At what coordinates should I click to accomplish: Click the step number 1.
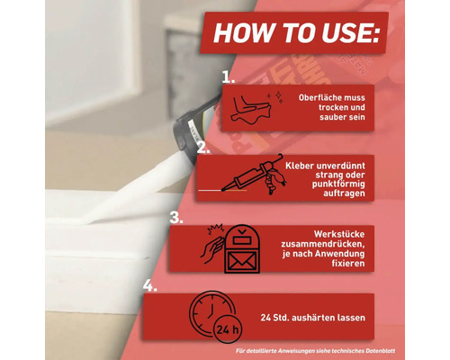coord(229,77)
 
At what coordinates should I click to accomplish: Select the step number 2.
coord(203,148)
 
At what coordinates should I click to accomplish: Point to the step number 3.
coord(176,218)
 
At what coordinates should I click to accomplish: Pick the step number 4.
coord(150,285)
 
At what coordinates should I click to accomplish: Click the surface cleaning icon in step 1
coord(256,107)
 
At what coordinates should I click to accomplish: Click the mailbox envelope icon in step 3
coord(242,250)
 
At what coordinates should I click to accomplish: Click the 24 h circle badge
coord(228,329)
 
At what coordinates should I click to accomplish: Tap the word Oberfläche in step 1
coord(317,98)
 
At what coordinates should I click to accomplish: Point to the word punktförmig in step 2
coord(338,184)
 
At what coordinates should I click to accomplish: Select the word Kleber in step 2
coord(297,166)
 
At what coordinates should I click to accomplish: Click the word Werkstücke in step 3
coord(339,234)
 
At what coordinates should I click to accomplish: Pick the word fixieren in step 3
coord(348,264)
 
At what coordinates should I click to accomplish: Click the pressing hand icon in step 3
coord(212,245)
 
